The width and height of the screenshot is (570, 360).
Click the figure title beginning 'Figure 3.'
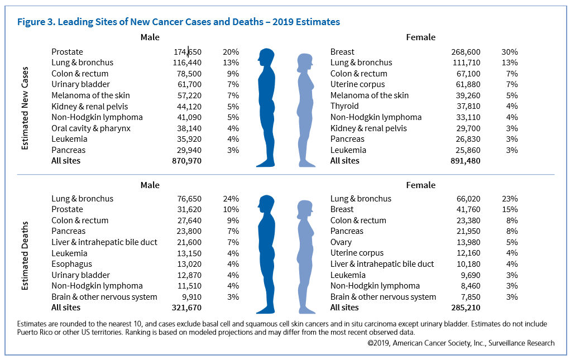coord(179,22)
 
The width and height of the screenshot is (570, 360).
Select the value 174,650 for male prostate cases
coord(187,52)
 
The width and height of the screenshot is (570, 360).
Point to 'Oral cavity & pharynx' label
coord(91,128)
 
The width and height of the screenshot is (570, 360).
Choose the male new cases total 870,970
coord(187,161)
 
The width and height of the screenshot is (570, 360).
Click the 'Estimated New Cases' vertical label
coord(25,109)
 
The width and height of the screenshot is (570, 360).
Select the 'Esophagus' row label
coord(71,264)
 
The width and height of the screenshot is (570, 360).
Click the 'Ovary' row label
coord(341,242)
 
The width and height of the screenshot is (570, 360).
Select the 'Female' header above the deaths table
coord(421,185)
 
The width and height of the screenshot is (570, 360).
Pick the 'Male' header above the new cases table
coord(150,37)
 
